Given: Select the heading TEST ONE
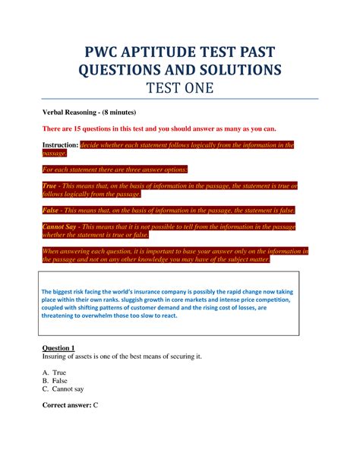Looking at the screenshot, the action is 180,90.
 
